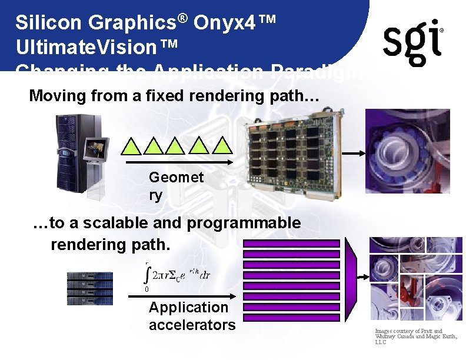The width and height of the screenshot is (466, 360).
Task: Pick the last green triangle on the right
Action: coord(222,145)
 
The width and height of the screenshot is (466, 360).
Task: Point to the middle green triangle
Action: coord(176,145)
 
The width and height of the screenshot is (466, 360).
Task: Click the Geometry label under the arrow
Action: coord(175,186)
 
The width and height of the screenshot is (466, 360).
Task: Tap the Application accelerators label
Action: coord(191,316)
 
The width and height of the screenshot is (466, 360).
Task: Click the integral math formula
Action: coord(177,275)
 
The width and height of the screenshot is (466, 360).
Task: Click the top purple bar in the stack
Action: coord(291,243)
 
